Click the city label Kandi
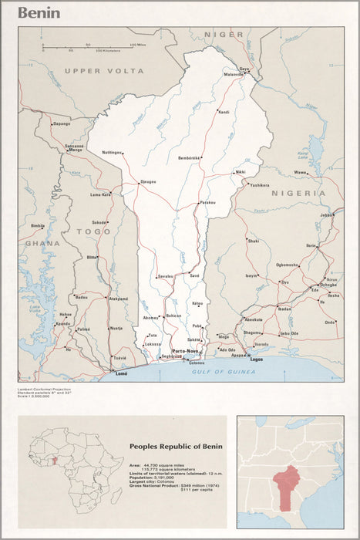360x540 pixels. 224,113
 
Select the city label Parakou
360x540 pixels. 207,202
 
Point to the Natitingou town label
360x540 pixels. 112,153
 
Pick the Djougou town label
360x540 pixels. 147,182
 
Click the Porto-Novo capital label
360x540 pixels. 186,351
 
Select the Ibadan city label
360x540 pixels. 284,309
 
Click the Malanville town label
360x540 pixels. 234,74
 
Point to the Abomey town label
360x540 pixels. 150,318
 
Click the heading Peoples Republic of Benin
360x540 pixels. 176,447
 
